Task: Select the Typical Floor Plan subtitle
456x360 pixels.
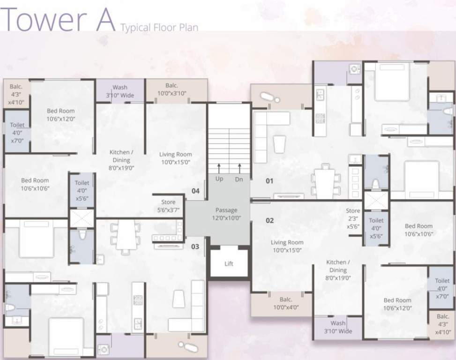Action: pos(159,27)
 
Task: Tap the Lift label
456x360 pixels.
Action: pos(229,264)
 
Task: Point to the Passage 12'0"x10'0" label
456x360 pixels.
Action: pos(226,214)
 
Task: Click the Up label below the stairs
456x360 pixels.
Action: pos(219,179)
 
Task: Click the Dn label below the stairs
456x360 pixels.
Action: pos(239,179)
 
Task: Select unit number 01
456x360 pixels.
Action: pos(269,181)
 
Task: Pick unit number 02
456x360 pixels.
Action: pos(269,220)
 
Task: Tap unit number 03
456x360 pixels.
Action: pos(195,246)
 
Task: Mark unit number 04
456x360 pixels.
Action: pos(195,191)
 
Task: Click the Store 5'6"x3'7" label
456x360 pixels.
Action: pos(168,206)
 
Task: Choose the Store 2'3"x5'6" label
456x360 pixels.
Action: pos(353,218)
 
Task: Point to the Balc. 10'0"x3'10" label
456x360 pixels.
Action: pos(176,89)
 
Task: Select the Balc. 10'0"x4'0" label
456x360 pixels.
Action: pos(285,303)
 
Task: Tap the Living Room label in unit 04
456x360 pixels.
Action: pos(175,158)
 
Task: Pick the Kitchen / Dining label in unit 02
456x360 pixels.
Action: pos(337,270)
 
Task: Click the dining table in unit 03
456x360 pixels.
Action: pos(126,236)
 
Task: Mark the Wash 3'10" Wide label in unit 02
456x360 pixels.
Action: pos(337,327)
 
